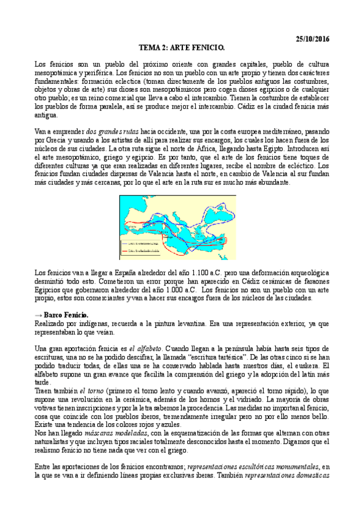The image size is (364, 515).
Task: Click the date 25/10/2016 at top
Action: pyautogui.click(x=310, y=39)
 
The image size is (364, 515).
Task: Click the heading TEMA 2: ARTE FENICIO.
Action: pyautogui.click(x=182, y=47)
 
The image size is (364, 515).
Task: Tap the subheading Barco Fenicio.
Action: pyautogui.click(x=66, y=316)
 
